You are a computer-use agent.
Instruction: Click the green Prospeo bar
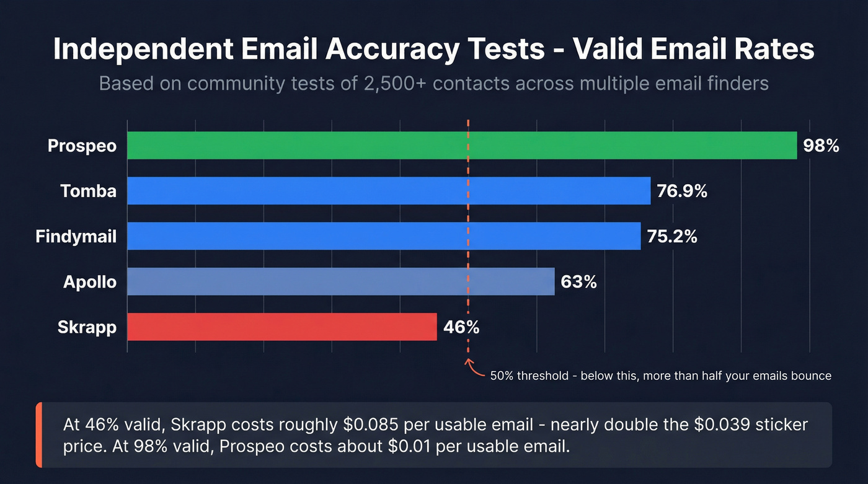(462, 146)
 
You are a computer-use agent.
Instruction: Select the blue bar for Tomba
(389, 191)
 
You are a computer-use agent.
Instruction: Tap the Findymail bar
(384, 236)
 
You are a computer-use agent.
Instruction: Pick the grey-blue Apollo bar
(340, 281)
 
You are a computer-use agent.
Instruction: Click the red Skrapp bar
(282, 327)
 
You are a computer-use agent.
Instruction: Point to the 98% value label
(821, 146)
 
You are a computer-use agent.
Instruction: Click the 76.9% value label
(682, 191)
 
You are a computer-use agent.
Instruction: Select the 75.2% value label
(672, 236)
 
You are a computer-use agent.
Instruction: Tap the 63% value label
(578, 282)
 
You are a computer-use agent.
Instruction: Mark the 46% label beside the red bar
(461, 327)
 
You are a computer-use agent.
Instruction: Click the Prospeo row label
(82, 146)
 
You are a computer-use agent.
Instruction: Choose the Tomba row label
(89, 191)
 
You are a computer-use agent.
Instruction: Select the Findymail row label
(76, 236)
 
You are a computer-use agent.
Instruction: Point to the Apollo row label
(90, 282)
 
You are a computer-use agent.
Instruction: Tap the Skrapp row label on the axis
(87, 327)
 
